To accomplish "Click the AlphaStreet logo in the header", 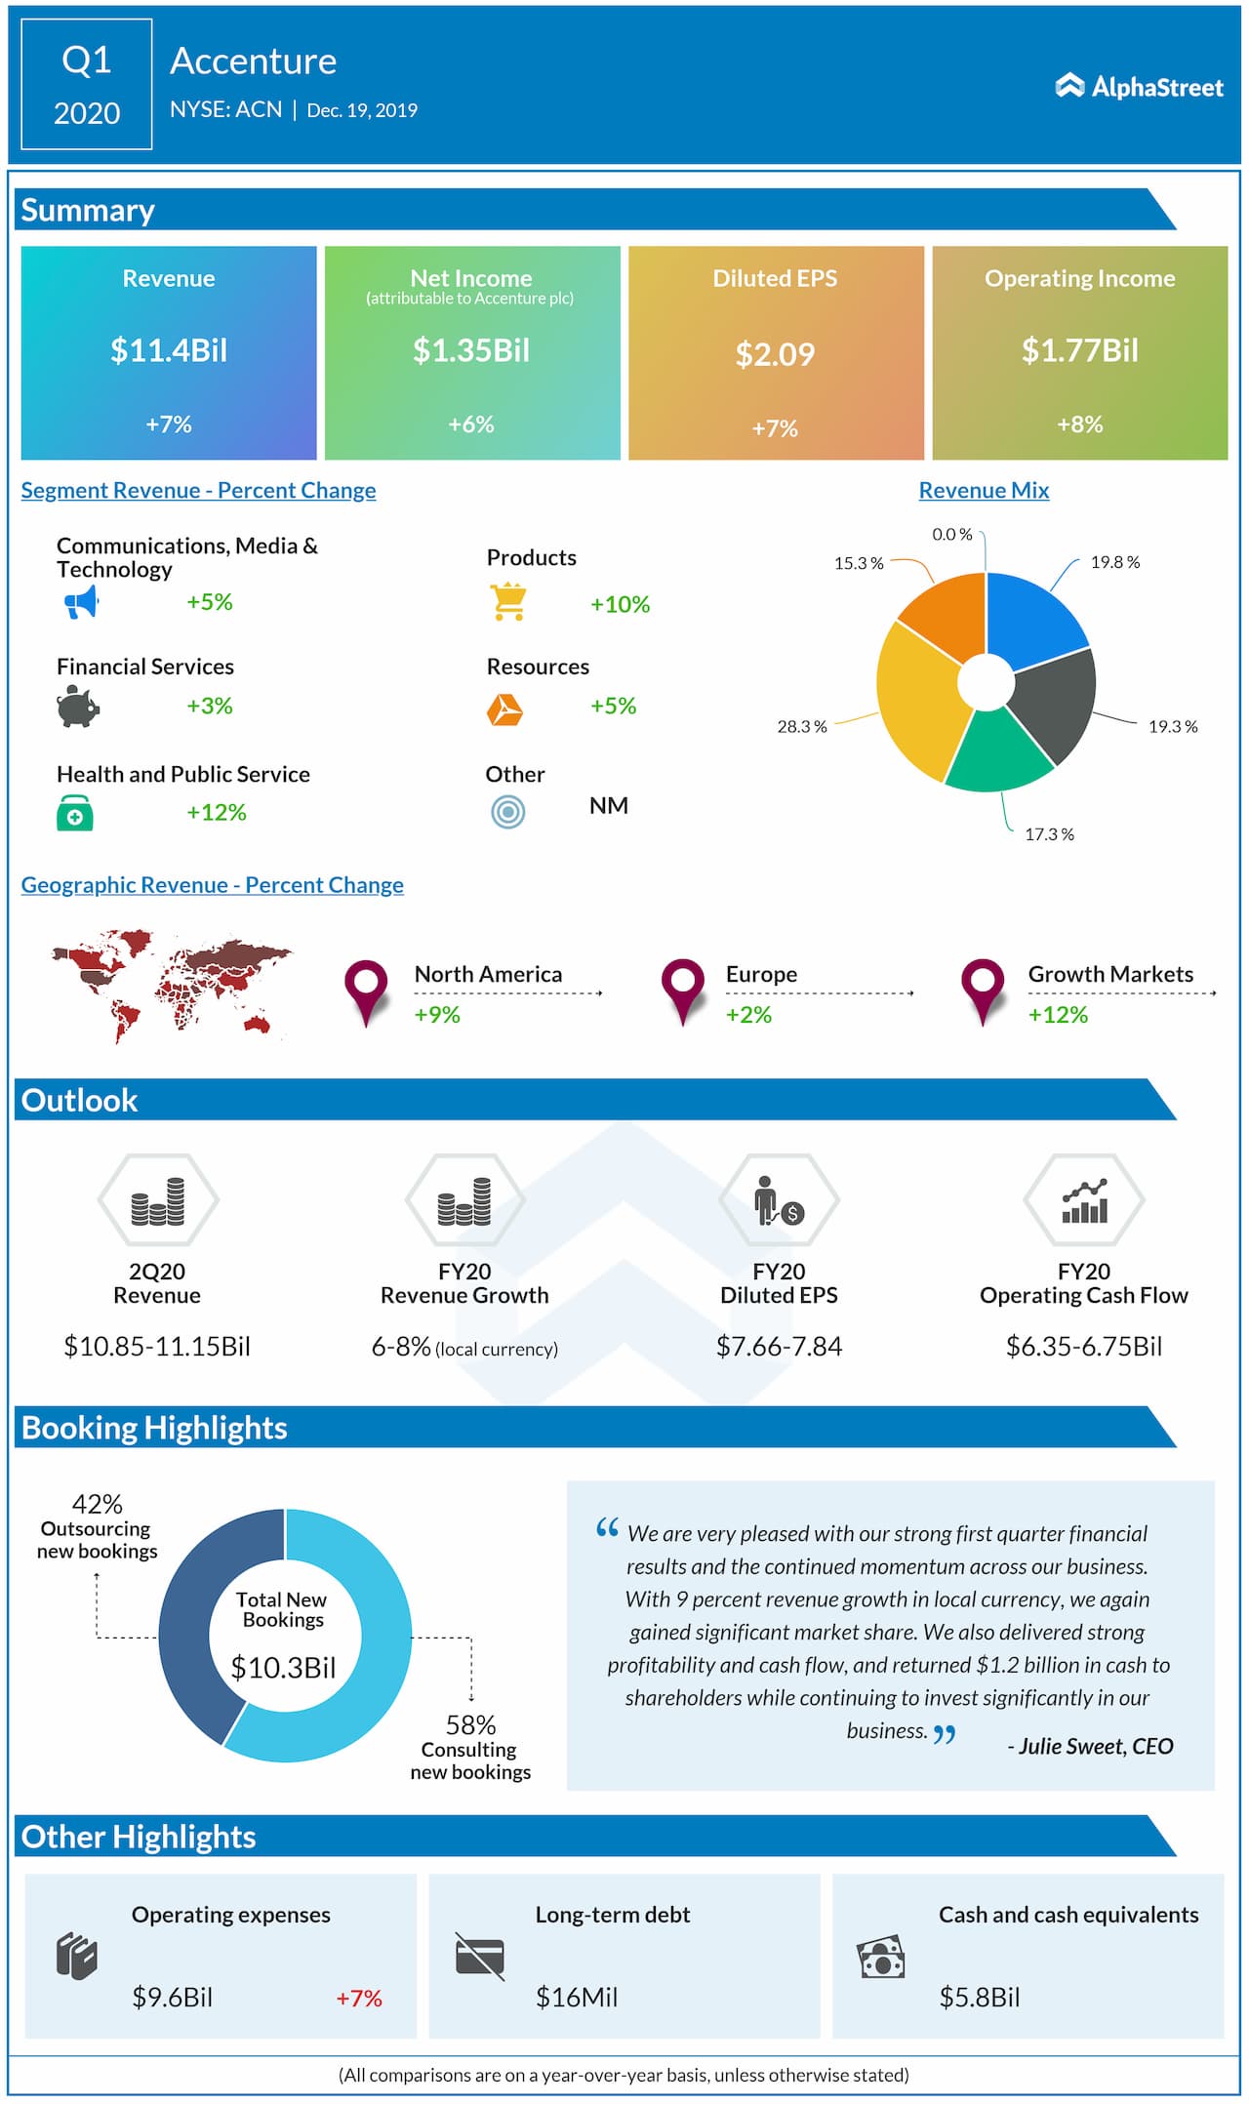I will coord(1139,87).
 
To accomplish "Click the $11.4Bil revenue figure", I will coord(169,350).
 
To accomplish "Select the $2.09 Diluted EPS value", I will coord(775,354).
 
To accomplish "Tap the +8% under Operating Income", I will coord(1079,425).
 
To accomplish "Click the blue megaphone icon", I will coord(82,602).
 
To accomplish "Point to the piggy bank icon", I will coord(78,706).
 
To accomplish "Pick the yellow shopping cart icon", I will coord(508,602).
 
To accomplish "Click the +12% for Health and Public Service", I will coord(217,813).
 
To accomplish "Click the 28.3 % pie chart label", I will coord(802,727).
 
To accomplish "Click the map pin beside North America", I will coord(366,988).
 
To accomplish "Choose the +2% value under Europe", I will coord(748,1015).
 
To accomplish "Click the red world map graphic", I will coord(171,984).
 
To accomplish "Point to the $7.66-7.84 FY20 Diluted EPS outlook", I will coord(779,1347).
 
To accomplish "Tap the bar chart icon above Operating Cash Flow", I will coord(1084,1201).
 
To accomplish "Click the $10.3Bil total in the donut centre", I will coord(283,1668).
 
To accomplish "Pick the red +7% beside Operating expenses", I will coord(359,1999).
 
